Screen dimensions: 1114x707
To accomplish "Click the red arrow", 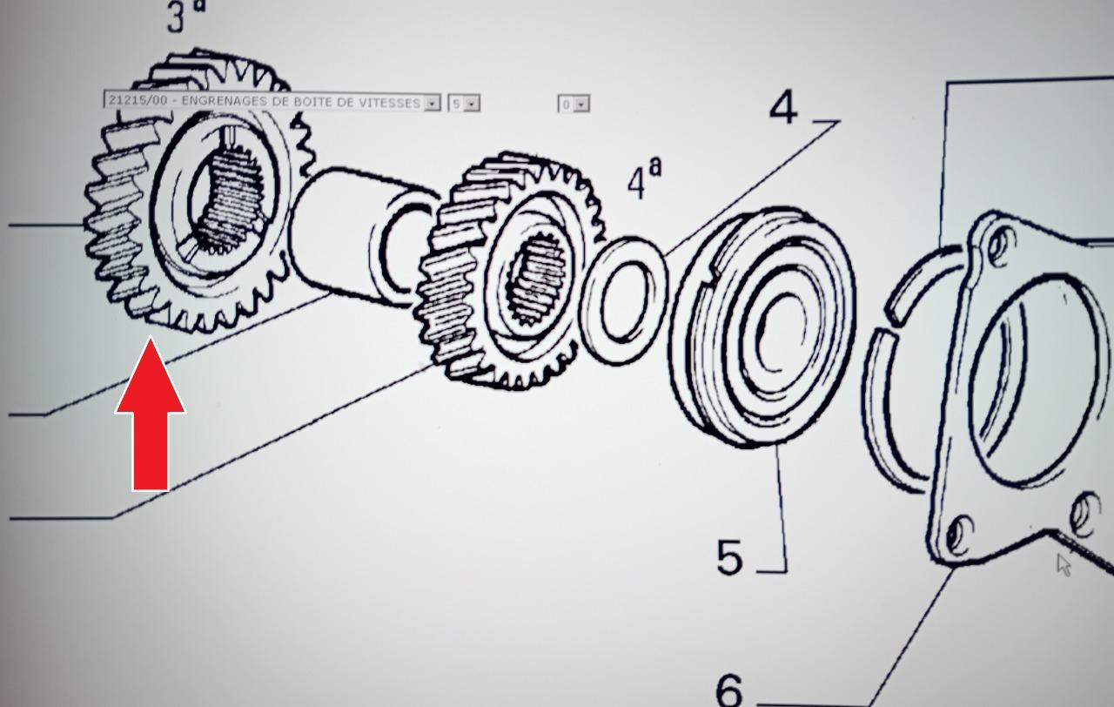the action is pyautogui.click(x=151, y=413).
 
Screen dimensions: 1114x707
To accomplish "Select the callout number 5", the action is pyautogui.click(x=729, y=557).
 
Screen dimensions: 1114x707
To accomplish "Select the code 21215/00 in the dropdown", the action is pyautogui.click(x=138, y=99).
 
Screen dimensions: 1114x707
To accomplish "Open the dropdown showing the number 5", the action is pyautogui.click(x=464, y=104).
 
